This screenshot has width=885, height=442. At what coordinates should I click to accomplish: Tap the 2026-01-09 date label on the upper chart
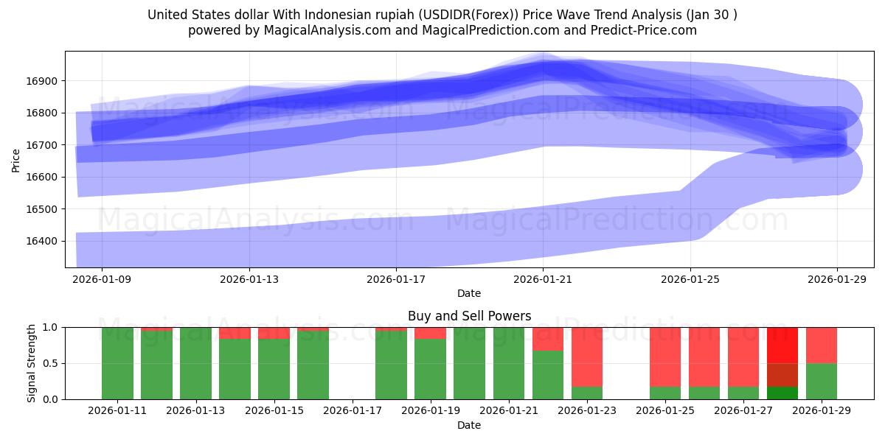tap(102, 280)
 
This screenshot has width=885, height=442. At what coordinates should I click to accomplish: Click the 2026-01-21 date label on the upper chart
tap(543, 280)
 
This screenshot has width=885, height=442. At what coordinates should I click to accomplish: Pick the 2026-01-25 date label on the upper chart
tap(690, 280)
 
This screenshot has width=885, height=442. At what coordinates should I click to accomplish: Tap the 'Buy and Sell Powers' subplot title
tap(469, 316)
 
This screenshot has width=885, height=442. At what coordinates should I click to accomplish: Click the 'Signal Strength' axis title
tap(31, 363)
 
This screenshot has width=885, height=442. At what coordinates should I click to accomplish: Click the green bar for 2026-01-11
tap(118, 365)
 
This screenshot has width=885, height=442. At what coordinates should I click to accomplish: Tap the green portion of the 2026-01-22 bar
tap(548, 375)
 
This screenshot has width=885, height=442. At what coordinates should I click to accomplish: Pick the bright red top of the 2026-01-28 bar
tap(782, 345)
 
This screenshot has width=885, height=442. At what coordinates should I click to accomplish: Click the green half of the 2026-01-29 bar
tap(822, 381)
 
